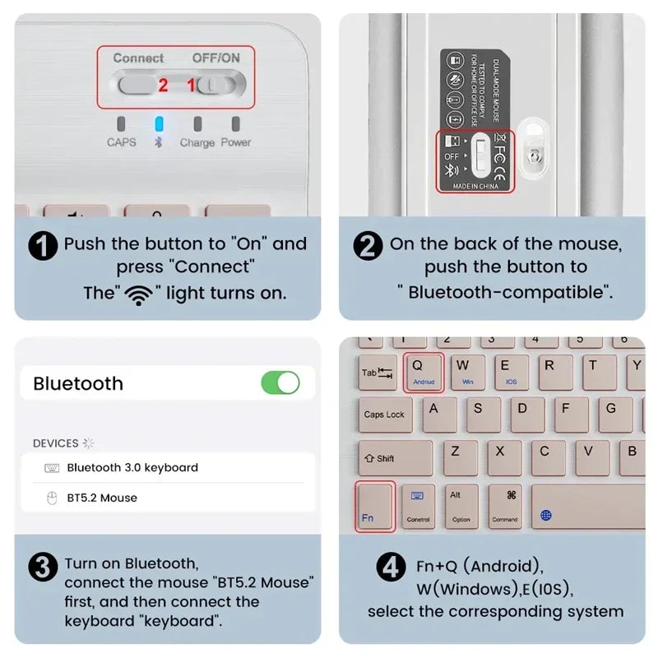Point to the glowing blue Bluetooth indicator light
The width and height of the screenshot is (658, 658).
160,125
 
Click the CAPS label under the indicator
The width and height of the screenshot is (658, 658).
122,142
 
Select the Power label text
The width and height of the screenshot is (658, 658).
236,142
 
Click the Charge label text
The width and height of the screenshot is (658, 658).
197,142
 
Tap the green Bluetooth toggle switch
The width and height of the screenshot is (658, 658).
280,382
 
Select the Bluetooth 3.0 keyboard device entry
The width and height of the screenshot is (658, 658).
132,467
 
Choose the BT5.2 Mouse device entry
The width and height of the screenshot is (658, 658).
102,498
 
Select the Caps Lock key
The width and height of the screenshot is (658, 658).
384,415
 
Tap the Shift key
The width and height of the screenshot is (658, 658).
395,458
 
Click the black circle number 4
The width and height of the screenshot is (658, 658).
391,568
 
